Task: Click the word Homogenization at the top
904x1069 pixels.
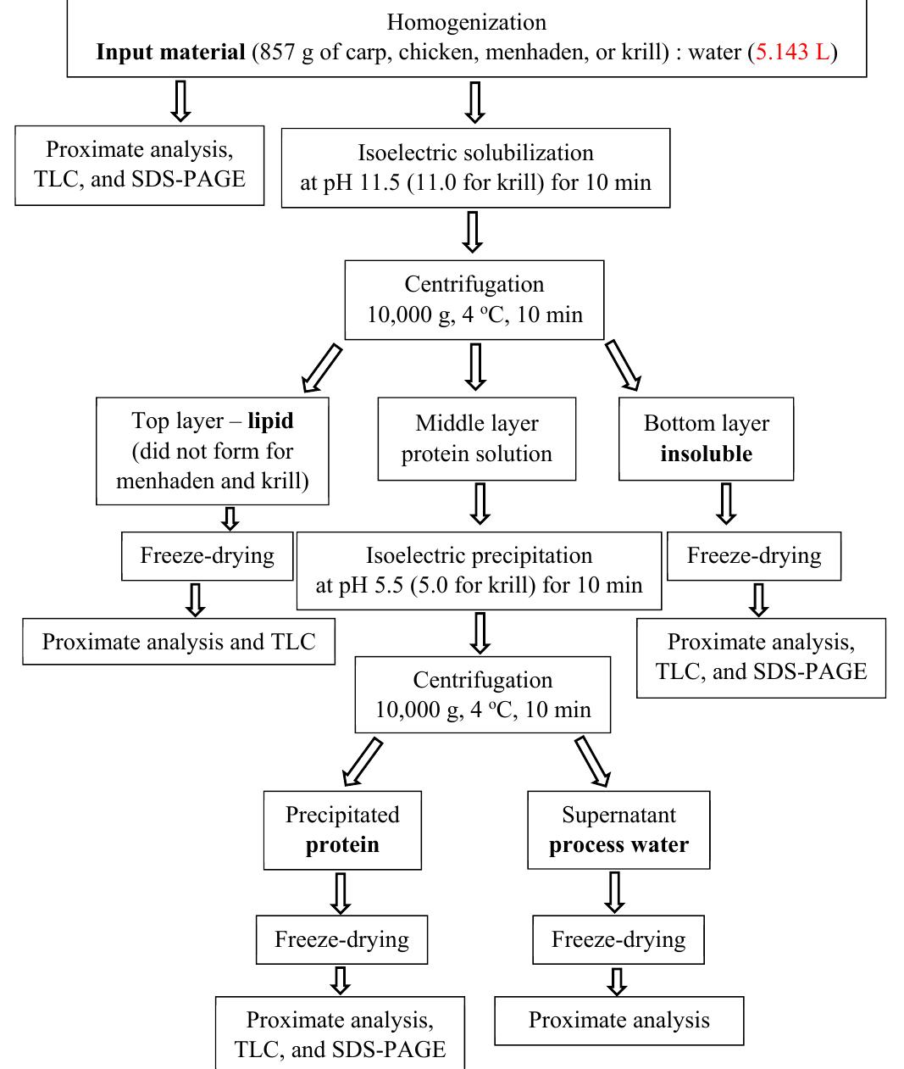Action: pos(466,22)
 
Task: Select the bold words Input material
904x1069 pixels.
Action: pos(170,53)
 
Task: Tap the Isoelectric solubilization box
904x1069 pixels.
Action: pos(475,168)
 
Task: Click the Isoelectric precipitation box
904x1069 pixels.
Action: pos(479,571)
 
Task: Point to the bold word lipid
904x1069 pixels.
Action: pos(270,420)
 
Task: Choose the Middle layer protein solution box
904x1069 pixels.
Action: pos(476,438)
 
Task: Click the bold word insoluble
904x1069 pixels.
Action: pos(706,454)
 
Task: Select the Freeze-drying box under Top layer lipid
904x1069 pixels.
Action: pos(207,556)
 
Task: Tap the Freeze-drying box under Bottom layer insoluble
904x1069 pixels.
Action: pos(753,556)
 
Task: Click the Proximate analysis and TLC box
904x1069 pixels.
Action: pos(179,642)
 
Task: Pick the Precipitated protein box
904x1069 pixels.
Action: pos(342,830)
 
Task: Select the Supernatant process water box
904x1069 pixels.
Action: pos(618,830)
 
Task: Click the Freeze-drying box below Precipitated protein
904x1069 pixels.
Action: pos(341,939)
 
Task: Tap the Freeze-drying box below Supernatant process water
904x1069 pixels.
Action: pos(618,939)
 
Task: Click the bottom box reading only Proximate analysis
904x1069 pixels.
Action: pos(618,1021)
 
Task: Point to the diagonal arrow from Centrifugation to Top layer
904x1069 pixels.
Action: pos(322,369)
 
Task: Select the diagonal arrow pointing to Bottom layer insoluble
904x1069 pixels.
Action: pos(623,366)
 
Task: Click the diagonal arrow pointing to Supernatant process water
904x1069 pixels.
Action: pos(593,761)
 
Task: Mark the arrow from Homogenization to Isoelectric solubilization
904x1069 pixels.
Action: pos(475,102)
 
